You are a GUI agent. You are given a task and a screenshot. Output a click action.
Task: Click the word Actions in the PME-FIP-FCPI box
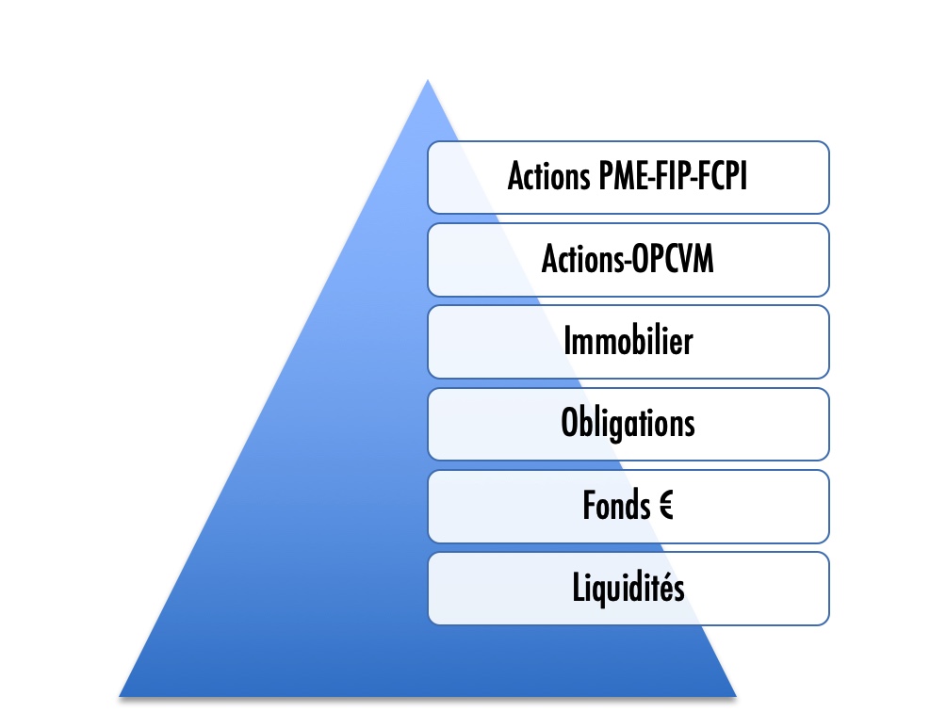(x=549, y=176)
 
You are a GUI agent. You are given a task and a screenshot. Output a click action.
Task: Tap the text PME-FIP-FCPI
(x=673, y=176)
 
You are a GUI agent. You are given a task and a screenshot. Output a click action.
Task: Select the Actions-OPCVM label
(x=628, y=258)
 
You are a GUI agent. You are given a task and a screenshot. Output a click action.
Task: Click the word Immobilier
(x=628, y=341)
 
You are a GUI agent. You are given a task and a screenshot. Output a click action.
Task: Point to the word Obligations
(x=628, y=423)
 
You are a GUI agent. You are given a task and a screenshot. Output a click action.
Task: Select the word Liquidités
(x=628, y=588)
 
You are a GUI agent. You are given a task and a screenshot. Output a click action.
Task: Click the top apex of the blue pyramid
(x=428, y=79)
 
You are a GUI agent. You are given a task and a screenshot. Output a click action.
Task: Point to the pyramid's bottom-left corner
(x=120, y=697)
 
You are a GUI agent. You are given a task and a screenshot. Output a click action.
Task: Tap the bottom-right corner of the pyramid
(x=736, y=697)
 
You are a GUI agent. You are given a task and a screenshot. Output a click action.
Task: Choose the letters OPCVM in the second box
(x=672, y=258)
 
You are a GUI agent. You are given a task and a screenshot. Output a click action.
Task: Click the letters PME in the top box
(x=624, y=176)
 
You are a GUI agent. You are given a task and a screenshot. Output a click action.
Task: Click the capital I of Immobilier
(x=567, y=341)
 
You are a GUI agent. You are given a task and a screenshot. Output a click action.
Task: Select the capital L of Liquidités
(x=579, y=587)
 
